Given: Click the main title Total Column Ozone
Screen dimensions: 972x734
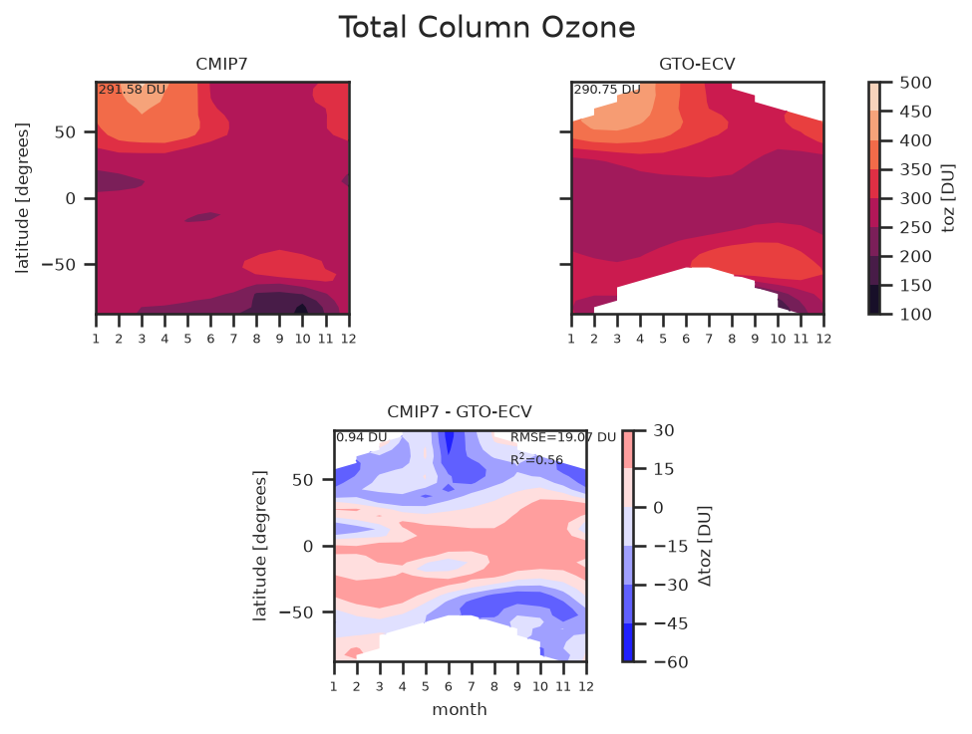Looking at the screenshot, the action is point(486,28).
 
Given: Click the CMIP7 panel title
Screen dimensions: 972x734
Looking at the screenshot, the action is point(222,65).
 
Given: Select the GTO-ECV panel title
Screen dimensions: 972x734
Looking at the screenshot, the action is point(697,65).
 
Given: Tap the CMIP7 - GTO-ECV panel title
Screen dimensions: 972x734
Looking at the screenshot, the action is point(460,412).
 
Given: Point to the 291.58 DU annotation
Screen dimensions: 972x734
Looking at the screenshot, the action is point(132,90).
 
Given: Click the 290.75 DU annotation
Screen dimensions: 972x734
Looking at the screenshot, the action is point(607,90).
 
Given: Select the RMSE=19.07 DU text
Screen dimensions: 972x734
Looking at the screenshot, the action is point(563,437).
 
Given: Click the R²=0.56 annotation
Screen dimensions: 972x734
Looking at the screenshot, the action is point(536,459).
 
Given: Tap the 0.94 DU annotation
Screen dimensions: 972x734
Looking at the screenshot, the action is point(362,437).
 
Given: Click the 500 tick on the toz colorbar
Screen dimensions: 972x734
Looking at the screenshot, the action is point(915,83).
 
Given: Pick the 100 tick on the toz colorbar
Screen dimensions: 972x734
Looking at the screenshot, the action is point(915,314).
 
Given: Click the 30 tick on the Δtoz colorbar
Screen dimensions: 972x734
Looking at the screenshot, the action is point(664,430).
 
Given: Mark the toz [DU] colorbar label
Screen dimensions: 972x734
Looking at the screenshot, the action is point(948,198).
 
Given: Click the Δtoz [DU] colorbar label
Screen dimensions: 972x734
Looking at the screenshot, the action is point(705,546).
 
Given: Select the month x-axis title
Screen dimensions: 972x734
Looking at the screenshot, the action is point(460,710).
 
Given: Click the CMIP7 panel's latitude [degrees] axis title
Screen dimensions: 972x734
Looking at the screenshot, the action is point(22,198).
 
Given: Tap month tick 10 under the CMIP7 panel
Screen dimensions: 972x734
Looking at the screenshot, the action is point(302,339).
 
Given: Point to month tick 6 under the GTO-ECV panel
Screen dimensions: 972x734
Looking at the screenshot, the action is point(686,339).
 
